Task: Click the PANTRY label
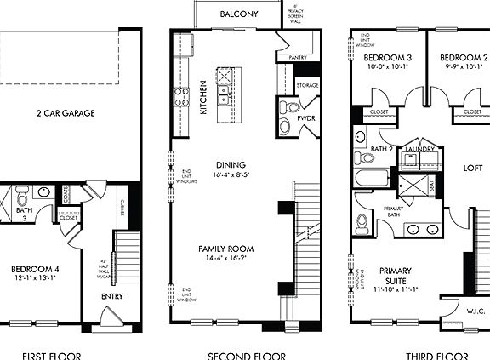pos(298,57)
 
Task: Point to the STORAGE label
pos(307,86)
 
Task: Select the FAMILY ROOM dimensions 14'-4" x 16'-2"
pos(225,259)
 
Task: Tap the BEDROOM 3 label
pos(387,58)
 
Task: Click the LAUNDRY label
pos(420,149)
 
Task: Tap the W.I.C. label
pos(475,311)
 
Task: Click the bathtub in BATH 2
pos(372,180)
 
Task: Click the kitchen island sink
pos(224,89)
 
